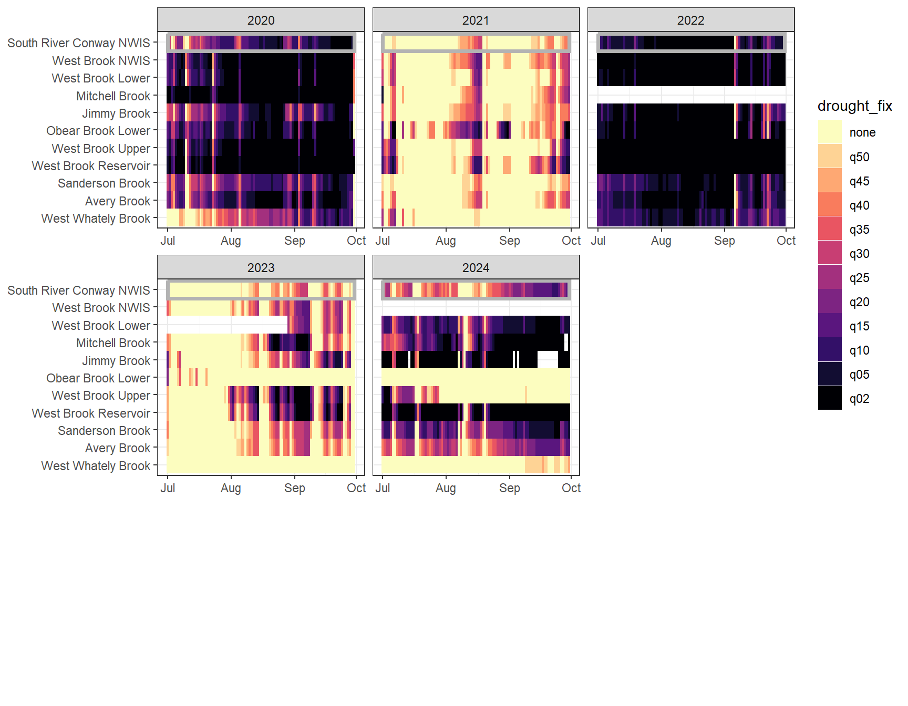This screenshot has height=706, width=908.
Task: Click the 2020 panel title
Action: pos(261,20)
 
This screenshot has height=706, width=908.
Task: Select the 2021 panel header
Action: pos(476,20)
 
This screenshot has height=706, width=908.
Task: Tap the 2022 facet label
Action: pos(690,20)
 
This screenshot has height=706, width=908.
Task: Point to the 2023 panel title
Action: pos(261,268)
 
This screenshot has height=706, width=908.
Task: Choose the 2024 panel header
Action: pos(476,268)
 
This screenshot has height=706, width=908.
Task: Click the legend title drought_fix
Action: pos(854,106)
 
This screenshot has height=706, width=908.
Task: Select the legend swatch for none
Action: pos(830,132)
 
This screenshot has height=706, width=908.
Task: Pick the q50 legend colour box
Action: pos(830,157)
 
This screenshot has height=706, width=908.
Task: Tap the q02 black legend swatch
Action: pos(830,398)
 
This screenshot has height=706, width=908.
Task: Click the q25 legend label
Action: pos(859,278)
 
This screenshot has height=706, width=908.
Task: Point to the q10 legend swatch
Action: pos(830,350)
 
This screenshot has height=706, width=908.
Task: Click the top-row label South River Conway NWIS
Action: pos(79,43)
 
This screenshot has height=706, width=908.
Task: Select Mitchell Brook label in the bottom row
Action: pos(113,343)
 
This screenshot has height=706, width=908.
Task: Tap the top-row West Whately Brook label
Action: pos(96,219)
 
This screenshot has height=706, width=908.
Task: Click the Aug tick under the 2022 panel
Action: pos(661,241)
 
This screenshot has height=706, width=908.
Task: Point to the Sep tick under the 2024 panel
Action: pos(509,488)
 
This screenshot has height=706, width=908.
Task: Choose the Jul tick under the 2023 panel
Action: pos(168,488)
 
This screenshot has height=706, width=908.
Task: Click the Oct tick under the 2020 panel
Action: pos(356,241)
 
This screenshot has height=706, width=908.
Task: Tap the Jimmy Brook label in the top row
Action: pos(116,113)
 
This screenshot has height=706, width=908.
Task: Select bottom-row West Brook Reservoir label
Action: pos(91,413)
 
